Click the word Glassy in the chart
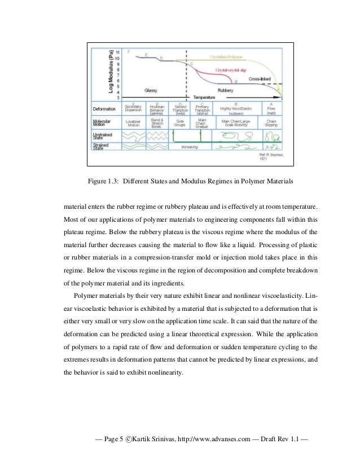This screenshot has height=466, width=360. coord(151,90)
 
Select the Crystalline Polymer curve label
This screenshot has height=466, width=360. coord(227,57)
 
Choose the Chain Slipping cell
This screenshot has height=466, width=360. coord(271,122)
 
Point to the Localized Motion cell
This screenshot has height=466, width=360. coord(133,122)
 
